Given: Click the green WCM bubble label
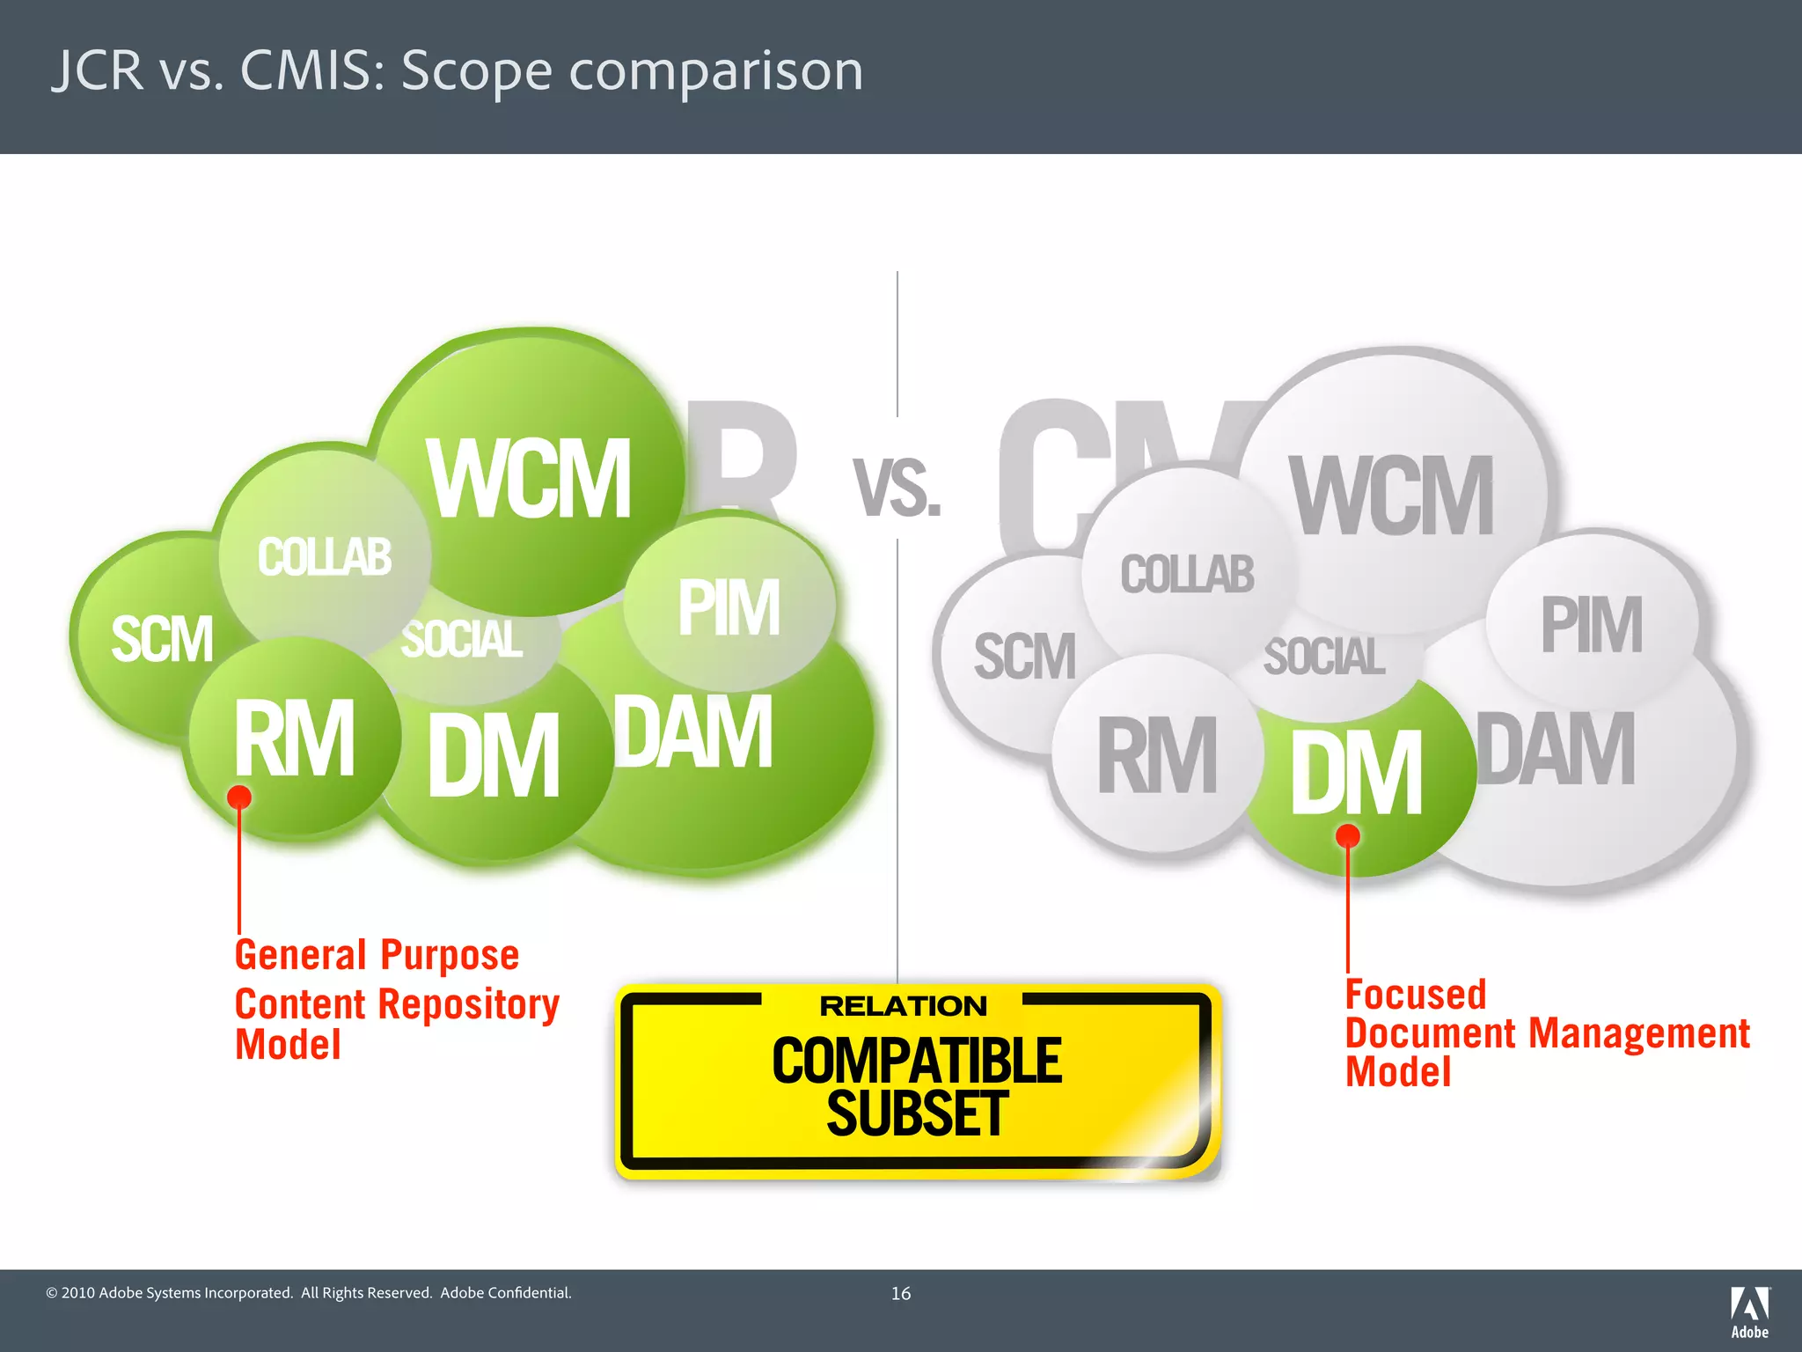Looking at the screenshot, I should pyautogui.click(x=529, y=480).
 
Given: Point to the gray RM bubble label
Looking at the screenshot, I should pyautogui.click(x=1157, y=755).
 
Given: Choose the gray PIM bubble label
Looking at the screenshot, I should pyautogui.click(x=1591, y=625).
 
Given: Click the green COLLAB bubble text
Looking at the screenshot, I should pyautogui.click(x=324, y=557).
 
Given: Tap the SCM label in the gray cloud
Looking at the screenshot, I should pyautogui.click(x=1024, y=657).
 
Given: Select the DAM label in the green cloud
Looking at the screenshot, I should pyautogui.click(x=693, y=731).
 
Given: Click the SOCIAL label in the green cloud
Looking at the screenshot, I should pyautogui.click(x=462, y=639).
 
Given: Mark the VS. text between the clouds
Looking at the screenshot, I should pyautogui.click(x=897, y=489).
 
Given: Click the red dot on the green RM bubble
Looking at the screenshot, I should pyautogui.click(x=239, y=797).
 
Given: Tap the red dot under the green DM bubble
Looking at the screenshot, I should pyautogui.click(x=1348, y=835).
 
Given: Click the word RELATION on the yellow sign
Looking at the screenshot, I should pyautogui.click(x=903, y=1006).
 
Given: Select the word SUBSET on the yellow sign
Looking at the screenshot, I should pyautogui.click(x=917, y=1114).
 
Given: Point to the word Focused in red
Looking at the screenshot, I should pyautogui.click(x=1415, y=995).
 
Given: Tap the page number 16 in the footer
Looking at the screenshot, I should pyautogui.click(x=901, y=1293).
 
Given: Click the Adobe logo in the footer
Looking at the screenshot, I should pyautogui.click(x=1749, y=1312).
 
